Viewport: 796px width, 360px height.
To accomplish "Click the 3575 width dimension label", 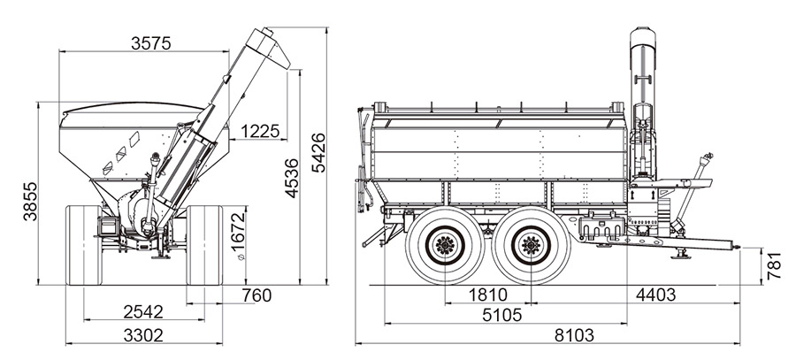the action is [150, 43].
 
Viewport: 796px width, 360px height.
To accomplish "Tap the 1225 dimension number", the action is [260, 131].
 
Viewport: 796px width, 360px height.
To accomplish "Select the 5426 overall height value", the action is [318, 153].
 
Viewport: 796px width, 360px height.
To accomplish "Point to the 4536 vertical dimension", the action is [291, 178].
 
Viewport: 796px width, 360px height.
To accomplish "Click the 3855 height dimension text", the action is [30, 201].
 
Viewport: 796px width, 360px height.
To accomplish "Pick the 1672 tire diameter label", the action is [238, 233].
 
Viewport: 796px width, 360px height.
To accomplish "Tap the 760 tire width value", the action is [256, 295].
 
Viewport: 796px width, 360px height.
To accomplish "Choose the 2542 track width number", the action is [143, 311].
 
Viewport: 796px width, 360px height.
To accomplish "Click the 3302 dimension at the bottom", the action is [143, 335].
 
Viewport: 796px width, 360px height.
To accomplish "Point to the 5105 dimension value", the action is [502, 315].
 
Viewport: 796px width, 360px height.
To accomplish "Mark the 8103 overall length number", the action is [574, 335].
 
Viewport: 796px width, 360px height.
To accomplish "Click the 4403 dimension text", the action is [656, 295].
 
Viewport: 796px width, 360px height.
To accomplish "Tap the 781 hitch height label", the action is [774, 265].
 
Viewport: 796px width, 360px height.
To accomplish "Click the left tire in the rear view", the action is [84, 245].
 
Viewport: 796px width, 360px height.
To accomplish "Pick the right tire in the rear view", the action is [204, 245].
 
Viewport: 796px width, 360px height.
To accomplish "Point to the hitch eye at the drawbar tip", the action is [737, 247].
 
